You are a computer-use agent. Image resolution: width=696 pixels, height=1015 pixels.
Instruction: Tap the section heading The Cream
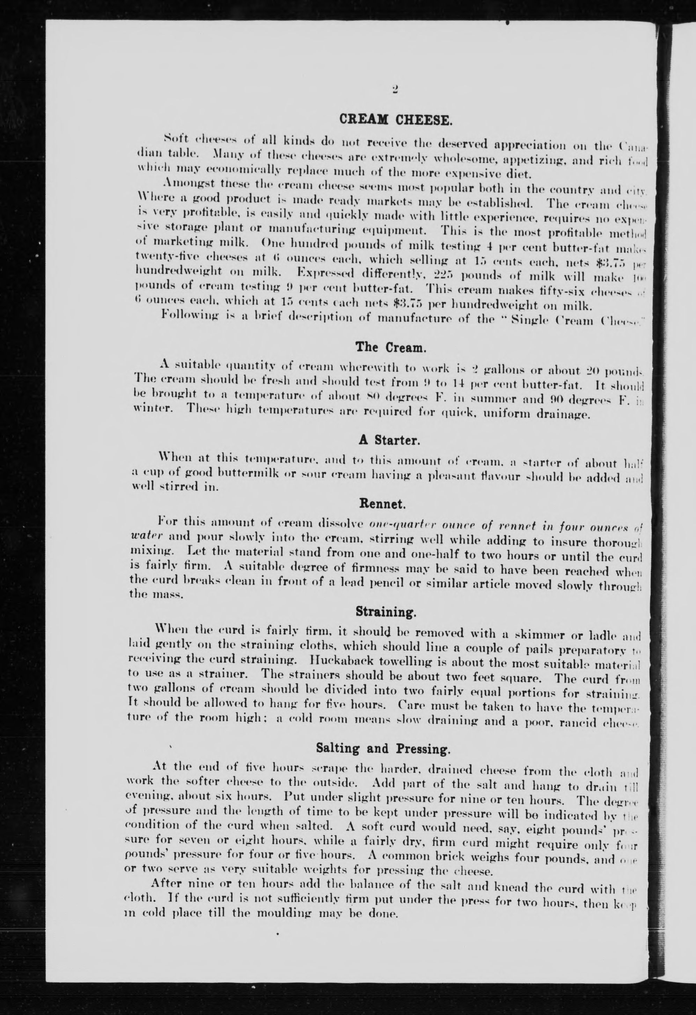(x=390, y=348)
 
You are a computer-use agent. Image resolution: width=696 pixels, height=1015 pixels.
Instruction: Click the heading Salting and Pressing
(x=383, y=749)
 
